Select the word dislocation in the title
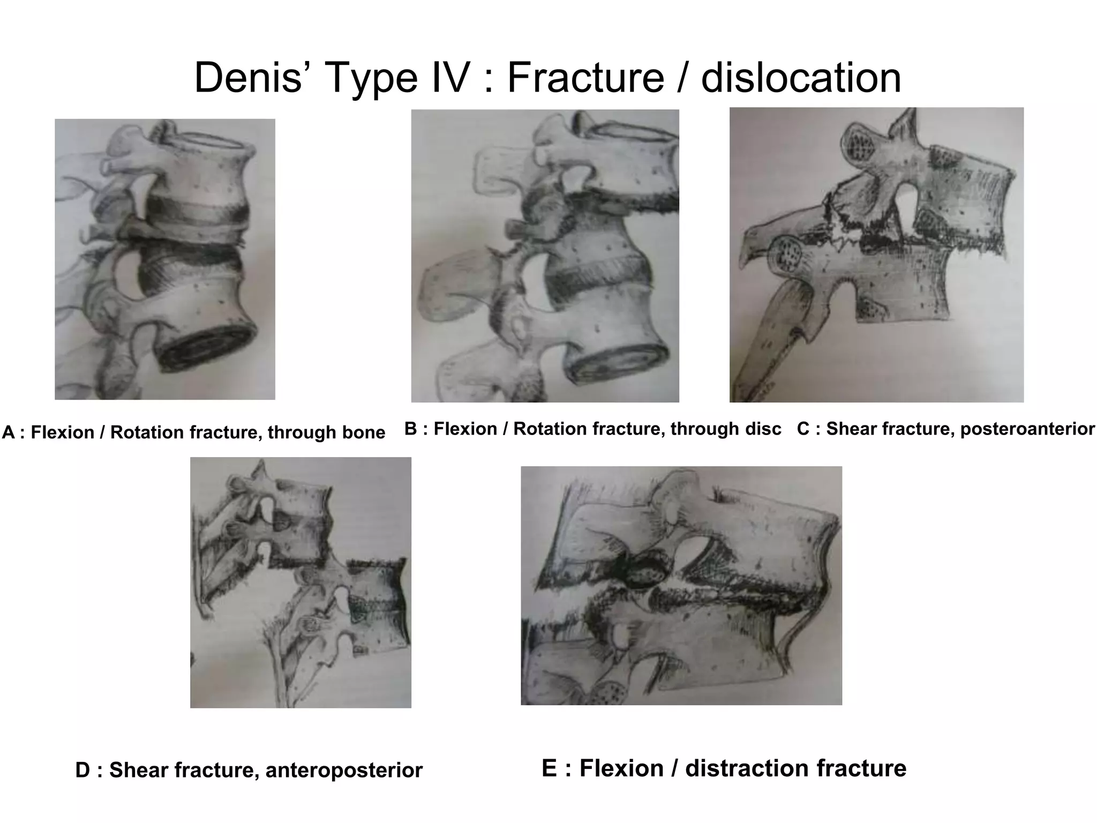(x=801, y=78)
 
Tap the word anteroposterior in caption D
(x=344, y=770)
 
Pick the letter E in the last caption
(x=549, y=768)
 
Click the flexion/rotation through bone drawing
(x=165, y=259)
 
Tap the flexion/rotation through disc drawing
(x=545, y=256)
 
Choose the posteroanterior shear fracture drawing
(x=876, y=255)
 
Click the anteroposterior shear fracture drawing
(x=300, y=582)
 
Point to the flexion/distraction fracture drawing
(x=681, y=586)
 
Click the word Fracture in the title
(x=585, y=78)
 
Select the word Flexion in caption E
(x=621, y=768)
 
